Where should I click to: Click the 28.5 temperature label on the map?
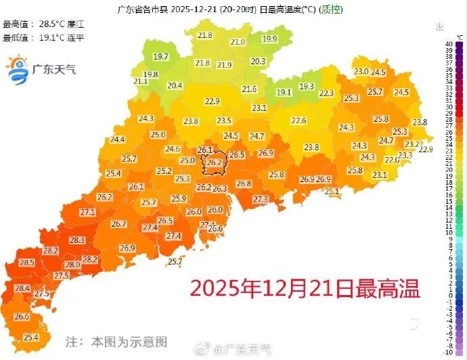[x=27, y=263]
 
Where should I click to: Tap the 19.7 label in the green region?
[x=161, y=57]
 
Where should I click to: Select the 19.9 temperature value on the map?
[x=270, y=39]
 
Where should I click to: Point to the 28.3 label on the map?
[x=76, y=240]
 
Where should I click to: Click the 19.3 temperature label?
[x=307, y=87]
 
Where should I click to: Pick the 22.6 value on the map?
[x=298, y=120]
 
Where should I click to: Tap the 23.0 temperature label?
[x=361, y=72]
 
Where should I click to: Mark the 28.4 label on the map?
[x=22, y=288]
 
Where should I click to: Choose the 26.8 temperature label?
[x=244, y=183]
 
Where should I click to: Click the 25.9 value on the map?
[x=179, y=198]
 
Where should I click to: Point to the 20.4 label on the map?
[x=175, y=85]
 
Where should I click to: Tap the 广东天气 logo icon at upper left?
[x=16, y=70]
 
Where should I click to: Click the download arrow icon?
[x=440, y=27]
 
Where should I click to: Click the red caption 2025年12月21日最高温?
[x=305, y=289]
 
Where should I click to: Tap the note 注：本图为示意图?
[x=116, y=342]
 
